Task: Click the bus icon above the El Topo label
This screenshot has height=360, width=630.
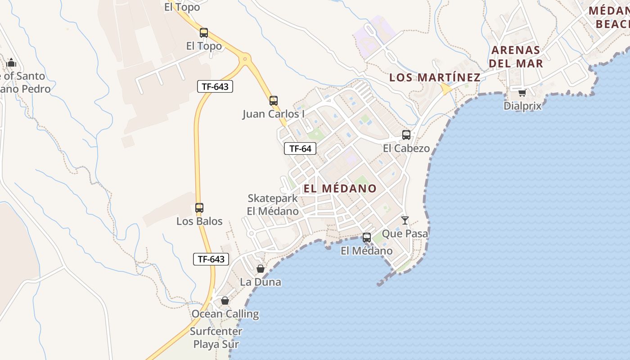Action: [x=204, y=33]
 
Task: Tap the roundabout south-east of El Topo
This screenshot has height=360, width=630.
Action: [x=245, y=58]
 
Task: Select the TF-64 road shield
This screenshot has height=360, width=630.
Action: [x=300, y=148]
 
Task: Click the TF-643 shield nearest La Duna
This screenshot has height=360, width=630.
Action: [x=211, y=259]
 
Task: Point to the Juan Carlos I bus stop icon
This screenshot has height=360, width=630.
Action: [x=274, y=101]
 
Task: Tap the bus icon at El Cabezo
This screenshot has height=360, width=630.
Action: [x=406, y=135]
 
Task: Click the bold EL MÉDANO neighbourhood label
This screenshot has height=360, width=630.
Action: [x=340, y=189]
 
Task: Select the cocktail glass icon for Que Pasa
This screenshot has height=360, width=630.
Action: [x=405, y=220]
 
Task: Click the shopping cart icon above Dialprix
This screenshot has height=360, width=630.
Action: [x=522, y=93]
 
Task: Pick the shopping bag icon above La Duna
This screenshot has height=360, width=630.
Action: [x=260, y=269]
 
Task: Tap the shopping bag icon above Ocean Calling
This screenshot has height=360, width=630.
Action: [x=225, y=301]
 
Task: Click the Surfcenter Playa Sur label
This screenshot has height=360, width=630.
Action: [x=216, y=338]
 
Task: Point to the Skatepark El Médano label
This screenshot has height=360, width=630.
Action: [x=273, y=205]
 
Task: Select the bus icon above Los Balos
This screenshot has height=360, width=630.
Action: [x=199, y=208]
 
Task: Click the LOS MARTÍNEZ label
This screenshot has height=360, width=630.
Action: [x=435, y=77]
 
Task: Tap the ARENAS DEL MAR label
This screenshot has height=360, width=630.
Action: [x=516, y=56]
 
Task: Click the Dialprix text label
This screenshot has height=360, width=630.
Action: [x=522, y=106]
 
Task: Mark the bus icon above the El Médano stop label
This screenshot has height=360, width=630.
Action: [x=367, y=238]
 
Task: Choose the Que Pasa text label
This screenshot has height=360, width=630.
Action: [x=405, y=234]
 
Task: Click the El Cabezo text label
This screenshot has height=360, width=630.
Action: [x=406, y=148]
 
